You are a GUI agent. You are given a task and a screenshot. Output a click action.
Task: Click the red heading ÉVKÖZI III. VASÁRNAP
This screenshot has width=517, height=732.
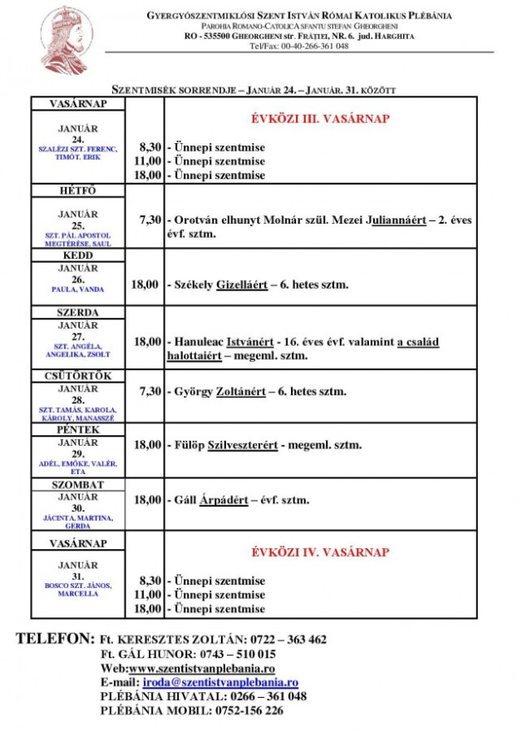(320, 119)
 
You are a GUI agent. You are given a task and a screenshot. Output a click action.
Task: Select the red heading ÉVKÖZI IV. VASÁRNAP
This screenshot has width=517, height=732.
(320, 552)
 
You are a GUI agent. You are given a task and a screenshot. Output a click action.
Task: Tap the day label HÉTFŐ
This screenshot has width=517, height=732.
(78, 191)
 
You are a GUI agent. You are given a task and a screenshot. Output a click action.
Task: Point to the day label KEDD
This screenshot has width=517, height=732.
(78, 255)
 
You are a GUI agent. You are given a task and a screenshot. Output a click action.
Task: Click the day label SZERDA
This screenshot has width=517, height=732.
(78, 313)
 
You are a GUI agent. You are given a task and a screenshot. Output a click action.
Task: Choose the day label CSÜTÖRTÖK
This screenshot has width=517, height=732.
(78, 377)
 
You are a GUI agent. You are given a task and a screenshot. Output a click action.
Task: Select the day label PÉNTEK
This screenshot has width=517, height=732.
(78, 431)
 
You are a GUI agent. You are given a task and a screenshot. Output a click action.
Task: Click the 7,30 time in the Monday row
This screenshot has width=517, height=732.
(150, 220)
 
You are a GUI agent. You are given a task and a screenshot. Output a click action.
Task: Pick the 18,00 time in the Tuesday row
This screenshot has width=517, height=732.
(145, 284)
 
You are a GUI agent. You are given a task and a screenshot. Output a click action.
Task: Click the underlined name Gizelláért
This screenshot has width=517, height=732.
(241, 284)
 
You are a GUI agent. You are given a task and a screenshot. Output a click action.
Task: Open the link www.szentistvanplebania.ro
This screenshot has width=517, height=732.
(202, 669)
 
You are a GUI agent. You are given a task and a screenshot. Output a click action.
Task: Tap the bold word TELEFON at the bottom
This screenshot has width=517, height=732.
(55, 639)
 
